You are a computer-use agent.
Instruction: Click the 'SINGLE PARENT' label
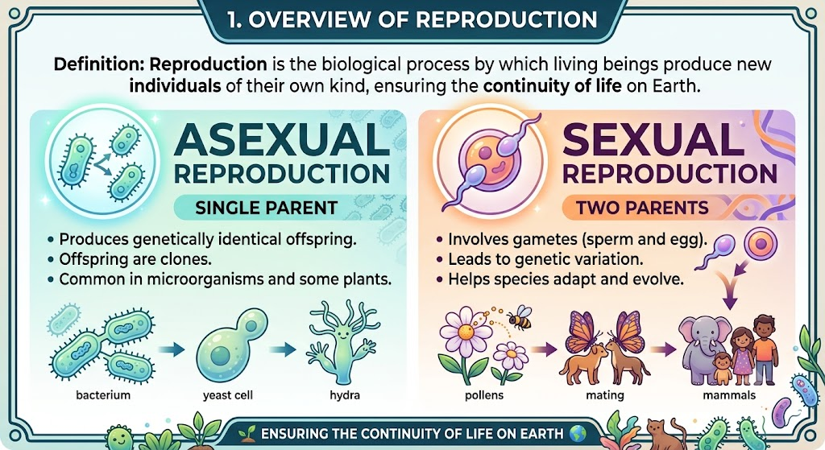click(266, 208)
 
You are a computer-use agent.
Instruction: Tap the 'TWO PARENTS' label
click(642, 208)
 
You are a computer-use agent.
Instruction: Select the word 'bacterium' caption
click(103, 394)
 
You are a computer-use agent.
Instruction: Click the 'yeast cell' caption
click(228, 394)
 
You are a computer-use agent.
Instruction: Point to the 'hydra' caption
click(345, 394)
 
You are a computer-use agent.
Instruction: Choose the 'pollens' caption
click(484, 394)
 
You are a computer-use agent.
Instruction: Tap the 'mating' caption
click(605, 394)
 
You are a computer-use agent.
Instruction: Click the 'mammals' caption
click(729, 394)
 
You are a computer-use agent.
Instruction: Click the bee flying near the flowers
click(520, 319)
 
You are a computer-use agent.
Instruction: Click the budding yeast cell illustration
click(231, 345)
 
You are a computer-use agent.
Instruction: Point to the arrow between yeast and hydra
click(283, 349)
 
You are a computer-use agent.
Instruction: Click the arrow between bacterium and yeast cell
click(171, 349)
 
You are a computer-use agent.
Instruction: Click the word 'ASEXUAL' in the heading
click(281, 140)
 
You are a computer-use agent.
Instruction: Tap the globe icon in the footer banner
click(577, 434)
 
